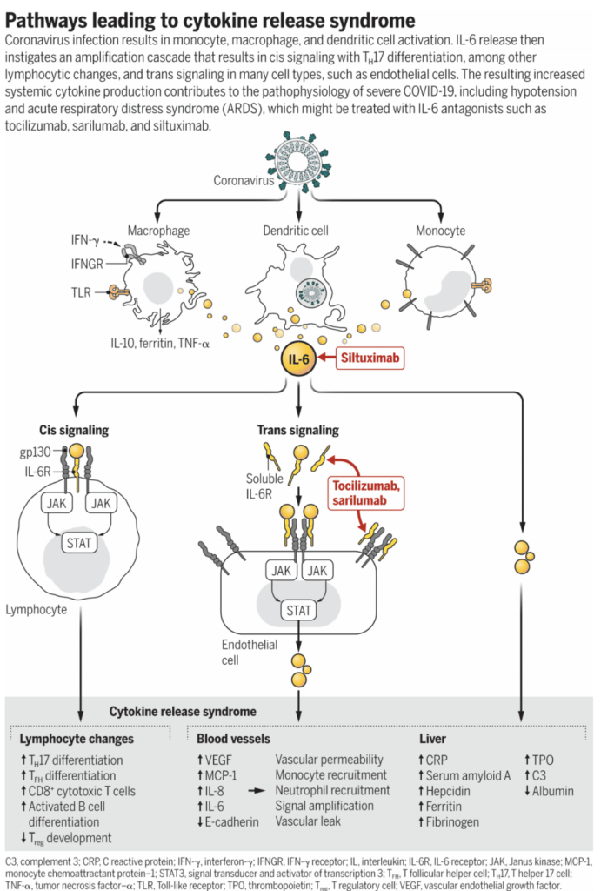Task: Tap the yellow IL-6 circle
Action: pos(298,358)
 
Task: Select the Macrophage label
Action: pos(158,231)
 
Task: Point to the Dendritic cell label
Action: pos(298,231)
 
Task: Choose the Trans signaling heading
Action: pos(297,430)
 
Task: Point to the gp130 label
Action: pos(36,453)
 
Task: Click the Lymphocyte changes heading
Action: pos(77,739)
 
